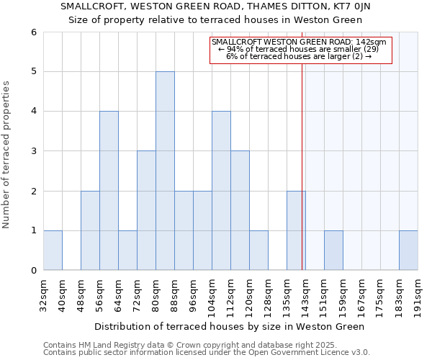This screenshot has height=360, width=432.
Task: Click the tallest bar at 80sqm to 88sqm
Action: click(165, 171)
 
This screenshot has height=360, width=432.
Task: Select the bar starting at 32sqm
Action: click(53, 250)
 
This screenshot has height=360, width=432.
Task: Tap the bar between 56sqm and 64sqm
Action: click(109, 190)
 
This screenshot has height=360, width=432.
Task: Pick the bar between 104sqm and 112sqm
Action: click(221, 190)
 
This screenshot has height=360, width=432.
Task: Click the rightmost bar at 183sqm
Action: click(408, 250)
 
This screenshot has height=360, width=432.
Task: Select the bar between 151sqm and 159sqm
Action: click(333, 250)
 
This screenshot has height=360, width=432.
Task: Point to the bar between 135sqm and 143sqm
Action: click(295, 230)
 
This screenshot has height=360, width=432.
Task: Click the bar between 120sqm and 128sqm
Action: click(258, 250)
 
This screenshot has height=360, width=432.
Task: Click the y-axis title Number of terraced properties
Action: click(7, 155)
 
